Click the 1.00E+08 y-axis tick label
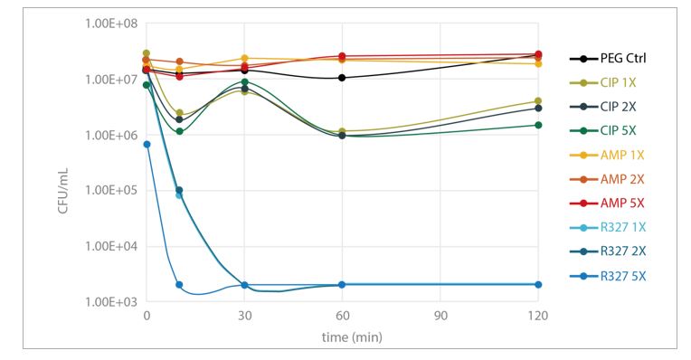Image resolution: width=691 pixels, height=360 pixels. (x=109, y=24)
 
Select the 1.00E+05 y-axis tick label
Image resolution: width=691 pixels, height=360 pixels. (x=109, y=191)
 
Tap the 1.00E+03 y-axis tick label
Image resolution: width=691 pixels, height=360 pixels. (x=109, y=302)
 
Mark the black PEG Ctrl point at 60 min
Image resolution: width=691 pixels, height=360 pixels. (x=342, y=78)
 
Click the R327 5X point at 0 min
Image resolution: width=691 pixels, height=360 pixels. (x=147, y=145)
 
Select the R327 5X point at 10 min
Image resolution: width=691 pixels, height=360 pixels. (x=179, y=285)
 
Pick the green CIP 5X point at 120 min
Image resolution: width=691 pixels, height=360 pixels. (x=538, y=125)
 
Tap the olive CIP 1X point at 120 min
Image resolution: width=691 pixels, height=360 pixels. (x=538, y=101)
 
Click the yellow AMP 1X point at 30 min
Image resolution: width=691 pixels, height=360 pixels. (x=244, y=58)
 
